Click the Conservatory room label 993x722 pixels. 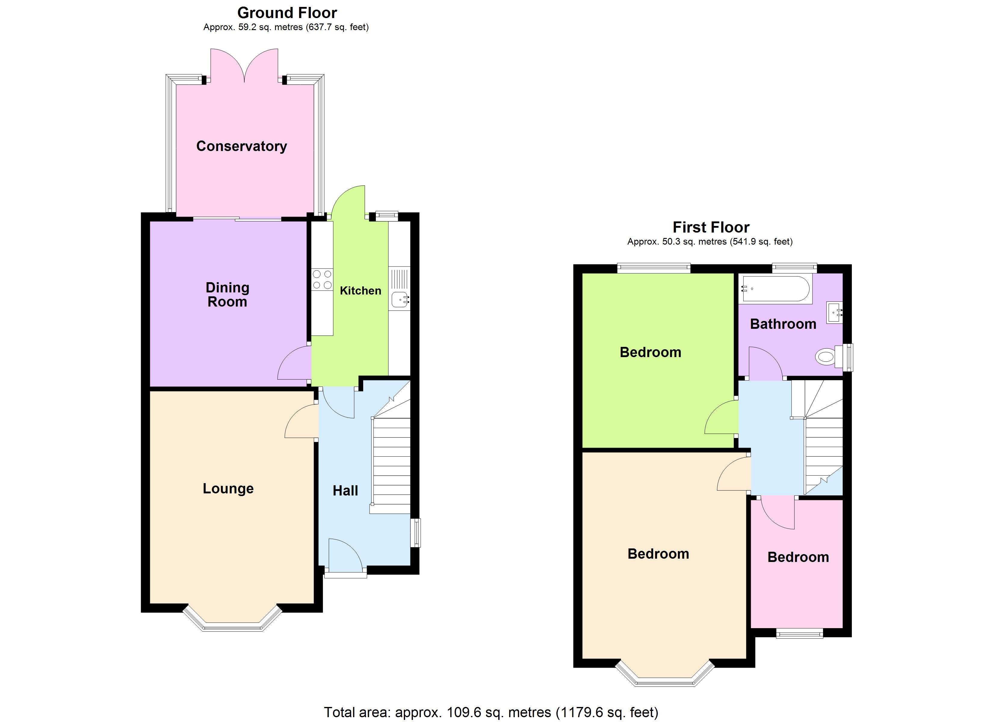click(241, 146)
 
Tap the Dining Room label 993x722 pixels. click(227, 295)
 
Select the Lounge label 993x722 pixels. click(228, 489)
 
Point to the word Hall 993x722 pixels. click(345, 491)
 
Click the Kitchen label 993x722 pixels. click(360, 291)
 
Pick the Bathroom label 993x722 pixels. click(783, 324)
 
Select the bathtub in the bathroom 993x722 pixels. click(775, 289)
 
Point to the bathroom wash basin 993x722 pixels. click(834, 313)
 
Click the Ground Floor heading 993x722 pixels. click(287, 13)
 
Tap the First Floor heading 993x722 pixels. click(711, 227)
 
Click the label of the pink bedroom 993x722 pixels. click(798, 557)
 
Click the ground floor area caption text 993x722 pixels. click(286, 27)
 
